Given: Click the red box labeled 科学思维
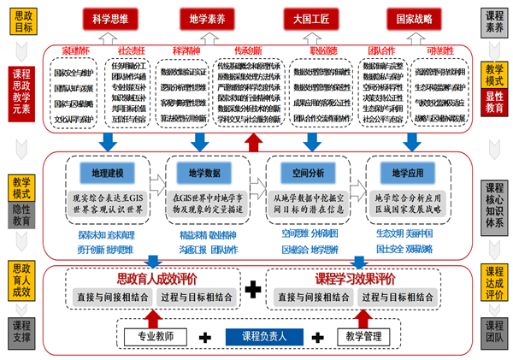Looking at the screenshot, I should tap(117, 18).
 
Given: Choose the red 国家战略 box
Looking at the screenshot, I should tap(408, 18).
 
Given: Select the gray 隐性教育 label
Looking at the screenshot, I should tap(21, 217).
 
